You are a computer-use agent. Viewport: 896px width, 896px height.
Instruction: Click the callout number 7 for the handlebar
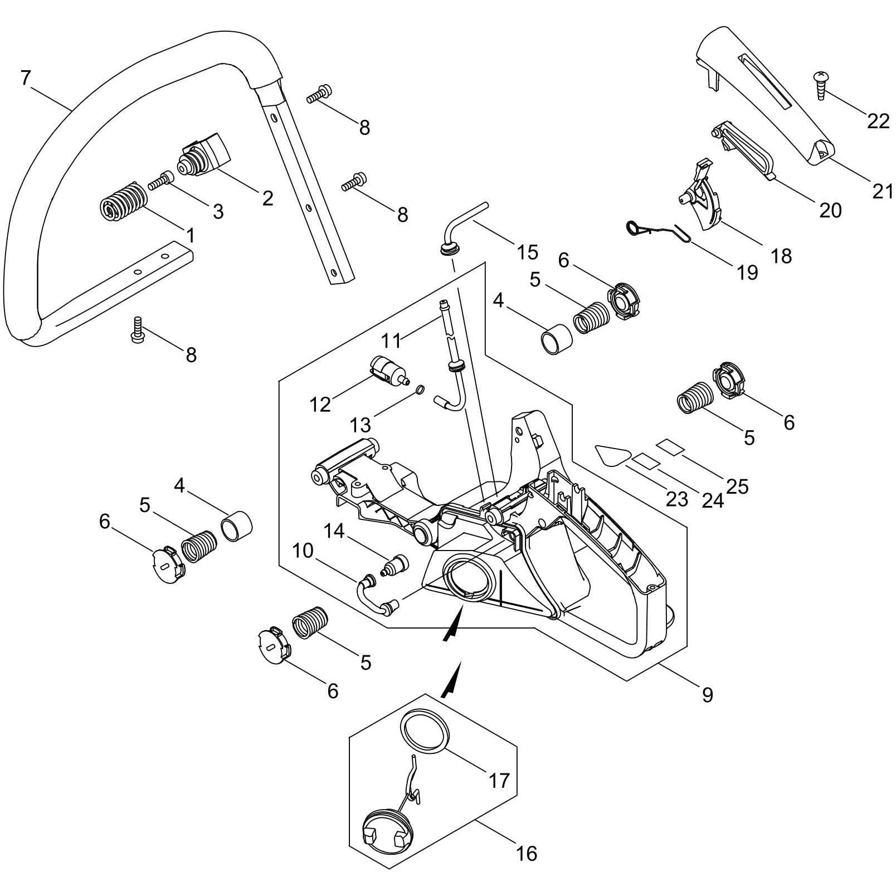[25, 78]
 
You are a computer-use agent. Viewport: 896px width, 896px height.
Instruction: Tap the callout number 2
[267, 198]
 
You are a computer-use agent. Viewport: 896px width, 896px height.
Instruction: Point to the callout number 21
[882, 191]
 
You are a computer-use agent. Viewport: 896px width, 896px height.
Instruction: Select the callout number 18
[782, 256]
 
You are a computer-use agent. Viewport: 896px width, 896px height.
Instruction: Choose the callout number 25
[737, 486]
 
